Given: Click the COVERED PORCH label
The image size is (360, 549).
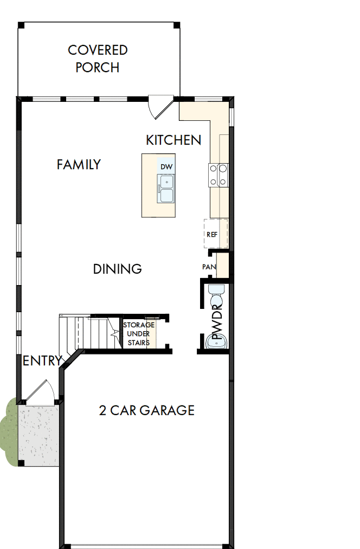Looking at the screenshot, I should pos(98,59).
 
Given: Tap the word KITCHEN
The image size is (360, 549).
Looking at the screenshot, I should pos(173,140).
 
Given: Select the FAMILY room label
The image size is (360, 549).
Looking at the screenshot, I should pos(79,164).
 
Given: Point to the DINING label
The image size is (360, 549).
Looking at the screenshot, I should pos(117,269).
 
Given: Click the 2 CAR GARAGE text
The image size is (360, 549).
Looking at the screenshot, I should pos(146,410).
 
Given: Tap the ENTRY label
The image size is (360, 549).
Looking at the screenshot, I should pos(42,360).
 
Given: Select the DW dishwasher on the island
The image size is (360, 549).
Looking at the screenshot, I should pos(166,166).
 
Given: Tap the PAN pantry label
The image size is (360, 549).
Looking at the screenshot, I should pos(209,267).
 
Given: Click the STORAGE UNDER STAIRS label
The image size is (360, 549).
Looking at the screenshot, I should pos(139,333).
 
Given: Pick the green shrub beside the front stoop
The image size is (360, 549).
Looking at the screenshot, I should pos(8,428).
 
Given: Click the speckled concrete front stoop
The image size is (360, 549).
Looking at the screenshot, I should pos(38,434).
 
